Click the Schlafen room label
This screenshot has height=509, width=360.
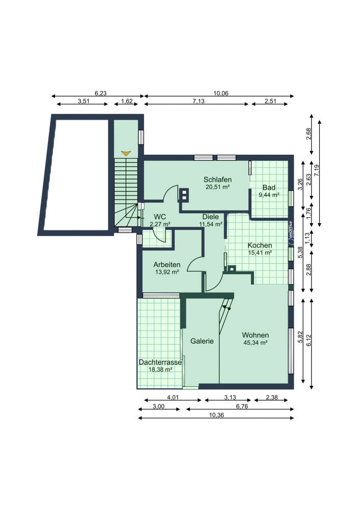click(x=217, y=180)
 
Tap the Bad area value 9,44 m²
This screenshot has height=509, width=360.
click(x=269, y=195)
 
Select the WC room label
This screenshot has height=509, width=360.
click(x=160, y=217)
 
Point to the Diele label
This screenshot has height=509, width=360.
click(x=211, y=217)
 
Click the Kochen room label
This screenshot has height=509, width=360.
click(x=260, y=245)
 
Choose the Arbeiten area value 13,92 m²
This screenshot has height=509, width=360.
click(x=167, y=272)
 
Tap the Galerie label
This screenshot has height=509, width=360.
click(x=202, y=341)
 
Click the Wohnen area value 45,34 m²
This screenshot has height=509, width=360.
click(x=256, y=343)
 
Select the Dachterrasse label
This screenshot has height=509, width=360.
click(x=160, y=362)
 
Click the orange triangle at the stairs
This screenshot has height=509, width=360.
click(x=126, y=153)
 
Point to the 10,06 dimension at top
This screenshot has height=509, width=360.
click(x=221, y=94)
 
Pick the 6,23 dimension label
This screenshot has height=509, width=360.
click(x=101, y=94)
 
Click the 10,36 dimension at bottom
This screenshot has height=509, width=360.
click(x=216, y=415)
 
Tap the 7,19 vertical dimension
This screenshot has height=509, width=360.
click(x=317, y=171)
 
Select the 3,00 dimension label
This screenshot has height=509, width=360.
click(x=158, y=406)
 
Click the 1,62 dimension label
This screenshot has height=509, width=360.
click(x=127, y=101)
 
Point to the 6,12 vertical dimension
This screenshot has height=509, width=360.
click(x=309, y=341)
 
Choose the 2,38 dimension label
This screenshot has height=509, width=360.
click(x=272, y=398)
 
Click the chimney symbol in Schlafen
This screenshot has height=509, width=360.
click(x=184, y=194)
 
